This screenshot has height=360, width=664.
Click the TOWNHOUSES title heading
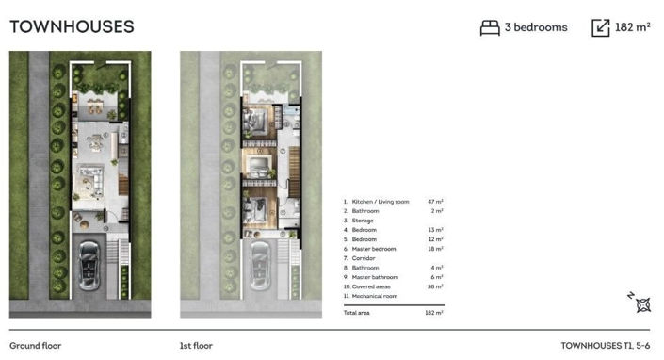click(x=72, y=26)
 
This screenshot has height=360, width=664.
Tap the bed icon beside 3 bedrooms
click(x=490, y=28)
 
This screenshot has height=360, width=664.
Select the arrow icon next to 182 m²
click(x=601, y=28)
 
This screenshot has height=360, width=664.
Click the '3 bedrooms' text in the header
click(x=535, y=27)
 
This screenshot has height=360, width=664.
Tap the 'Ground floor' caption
click(x=35, y=346)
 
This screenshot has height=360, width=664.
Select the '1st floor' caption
click(x=196, y=346)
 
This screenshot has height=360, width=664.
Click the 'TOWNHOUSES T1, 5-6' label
click(x=605, y=346)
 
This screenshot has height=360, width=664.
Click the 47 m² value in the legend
click(x=435, y=202)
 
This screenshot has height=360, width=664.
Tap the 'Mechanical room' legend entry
click(x=373, y=295)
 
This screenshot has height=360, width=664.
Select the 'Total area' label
click(x=356, y=311)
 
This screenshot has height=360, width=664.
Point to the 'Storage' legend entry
click(x=363, y=221)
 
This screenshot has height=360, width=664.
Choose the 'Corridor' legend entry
click(x=364, y=257)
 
